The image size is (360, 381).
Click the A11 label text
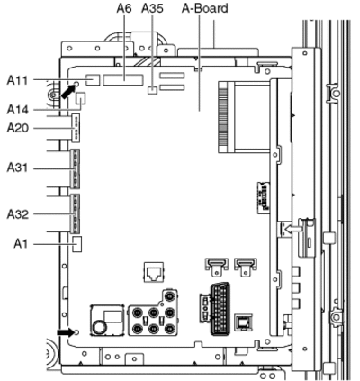[x=17, y=80]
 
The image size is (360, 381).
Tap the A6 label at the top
[x=124, y=8]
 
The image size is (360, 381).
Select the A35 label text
[x=152, y=8]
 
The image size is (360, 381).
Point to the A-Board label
[x=205, y=8]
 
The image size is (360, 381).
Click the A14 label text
[x=18, y=110]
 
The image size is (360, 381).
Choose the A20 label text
[x=18, y=129]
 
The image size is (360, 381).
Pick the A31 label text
[x=17, y=168]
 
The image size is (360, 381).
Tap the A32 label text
[x=18, y=214]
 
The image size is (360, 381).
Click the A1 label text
[x=21, y=244]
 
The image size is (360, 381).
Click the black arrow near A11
[x=67, y=92]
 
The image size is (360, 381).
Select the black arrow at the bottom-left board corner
[x=66, y=332]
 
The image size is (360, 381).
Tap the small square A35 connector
[x=153, y=90]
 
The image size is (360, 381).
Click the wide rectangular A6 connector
[x=123, y=80]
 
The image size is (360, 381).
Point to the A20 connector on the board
[x=76, y=127]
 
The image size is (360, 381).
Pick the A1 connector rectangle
[x=77, y=243]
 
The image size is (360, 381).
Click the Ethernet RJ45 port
[x=154, y=272]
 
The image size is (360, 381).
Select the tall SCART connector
[x=220, y=309]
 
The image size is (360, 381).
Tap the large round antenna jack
[x=99, y=327]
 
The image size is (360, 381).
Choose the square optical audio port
[x=243, y=322]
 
